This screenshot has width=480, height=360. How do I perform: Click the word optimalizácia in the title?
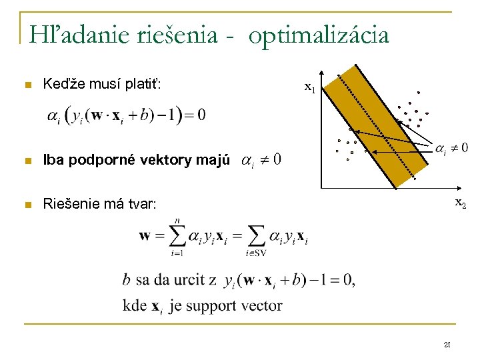click(x=319, y=35)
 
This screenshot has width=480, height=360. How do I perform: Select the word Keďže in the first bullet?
click(x=61, y=85)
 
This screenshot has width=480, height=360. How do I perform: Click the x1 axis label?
click(x=310, y=87)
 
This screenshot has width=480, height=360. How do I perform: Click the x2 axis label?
click(x=461, y=202)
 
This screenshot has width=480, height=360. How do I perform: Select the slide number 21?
click(x=447, y=343)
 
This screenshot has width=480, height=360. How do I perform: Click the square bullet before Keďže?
click(x=27, y=85)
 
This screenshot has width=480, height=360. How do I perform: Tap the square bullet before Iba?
click(x=27, y=161)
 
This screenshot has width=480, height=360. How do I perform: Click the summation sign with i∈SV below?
click(x=256, y=236)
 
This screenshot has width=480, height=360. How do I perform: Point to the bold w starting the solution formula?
click(x=145, y=236)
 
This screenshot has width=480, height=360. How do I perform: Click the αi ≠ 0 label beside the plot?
click(x=451, y=148)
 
